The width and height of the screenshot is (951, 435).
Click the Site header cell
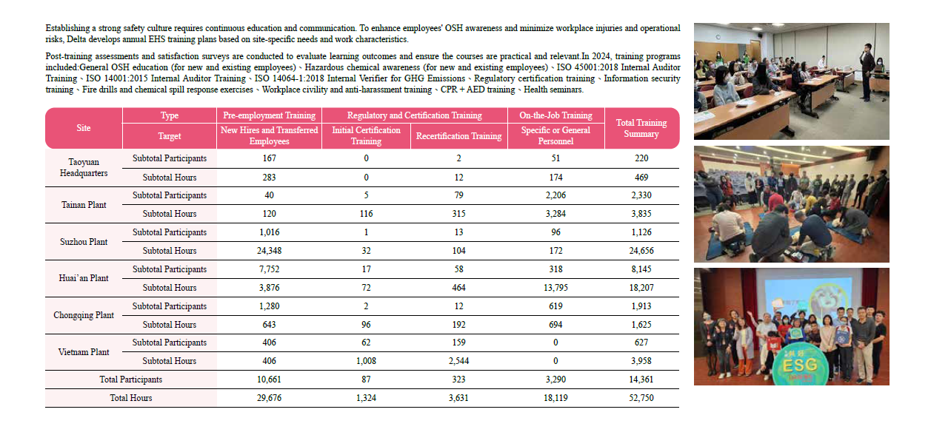tap(84, 128)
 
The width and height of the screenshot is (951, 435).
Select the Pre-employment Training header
tap(270, 115)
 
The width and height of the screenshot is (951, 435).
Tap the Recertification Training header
tap(458, 136)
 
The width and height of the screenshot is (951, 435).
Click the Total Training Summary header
tap(641, 128)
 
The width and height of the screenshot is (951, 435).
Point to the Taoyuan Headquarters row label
tap(84, 167)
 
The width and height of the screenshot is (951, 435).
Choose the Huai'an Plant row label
tap(84, 278)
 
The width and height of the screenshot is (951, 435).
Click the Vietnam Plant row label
tap(84, 352)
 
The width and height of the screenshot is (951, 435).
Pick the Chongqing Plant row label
tap(84, 315)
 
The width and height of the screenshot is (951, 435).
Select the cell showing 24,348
tap(270, 251)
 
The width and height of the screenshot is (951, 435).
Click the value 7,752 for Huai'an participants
tap(270, 269)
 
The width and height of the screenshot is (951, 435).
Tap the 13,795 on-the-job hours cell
tap(555, 288)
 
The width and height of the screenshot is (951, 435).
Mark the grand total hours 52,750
tap(641, 398)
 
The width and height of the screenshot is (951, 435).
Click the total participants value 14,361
tap(641, 380)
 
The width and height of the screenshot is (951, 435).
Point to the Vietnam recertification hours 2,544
tap(458, 361)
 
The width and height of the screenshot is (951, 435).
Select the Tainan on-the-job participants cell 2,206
tap(555, 195)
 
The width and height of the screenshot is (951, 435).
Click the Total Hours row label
tap(131, 398)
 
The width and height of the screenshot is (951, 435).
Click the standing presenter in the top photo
tap(867, 70)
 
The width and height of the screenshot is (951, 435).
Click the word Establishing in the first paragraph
tap(68, 28)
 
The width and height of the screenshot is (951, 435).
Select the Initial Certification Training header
tap(366, 135)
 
